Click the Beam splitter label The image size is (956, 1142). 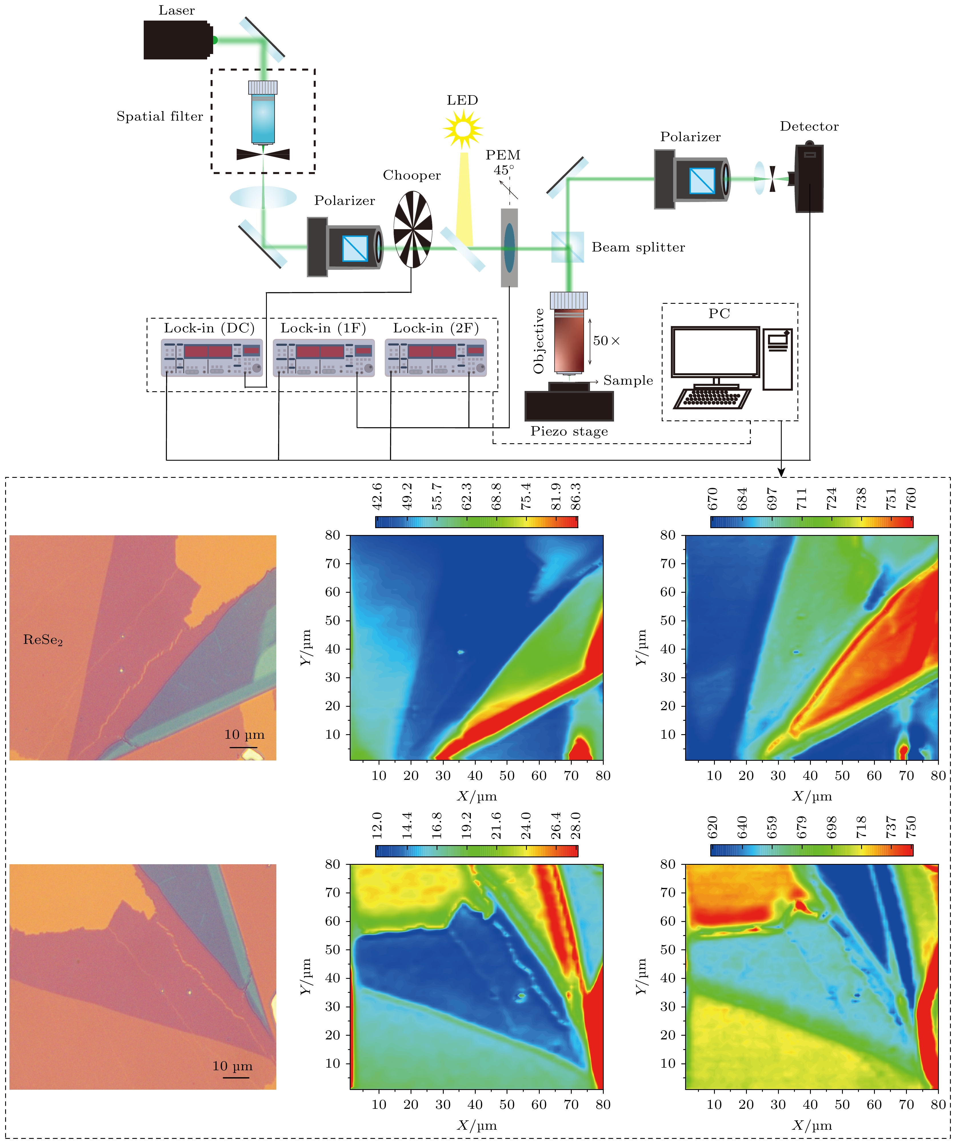click(638, 247)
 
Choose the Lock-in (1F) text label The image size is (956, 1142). click(323, 328)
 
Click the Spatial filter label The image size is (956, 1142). click(159, 116)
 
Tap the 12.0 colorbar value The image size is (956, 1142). click(377, 826)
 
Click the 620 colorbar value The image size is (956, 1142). click(712, 826)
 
